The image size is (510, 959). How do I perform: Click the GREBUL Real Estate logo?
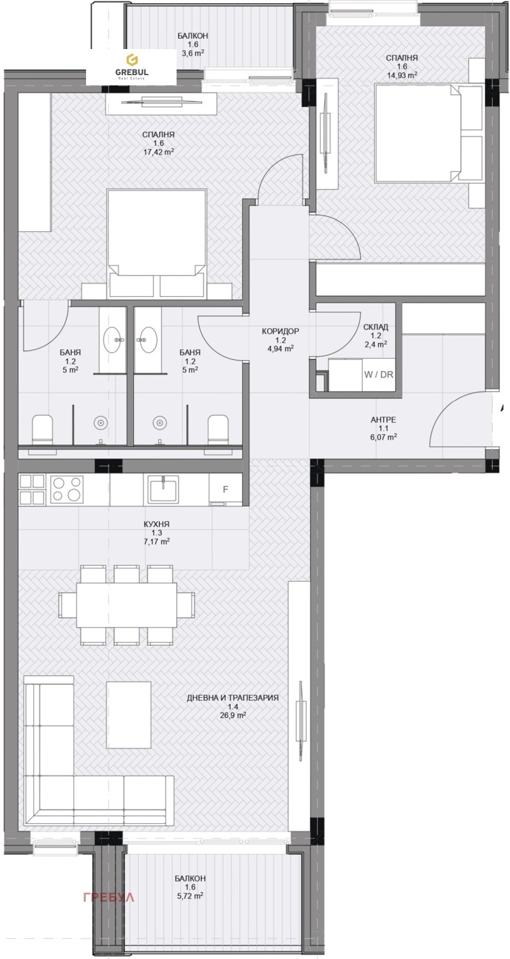[131, 67]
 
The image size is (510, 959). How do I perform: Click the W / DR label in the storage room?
[379, 374]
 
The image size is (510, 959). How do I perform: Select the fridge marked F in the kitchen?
[226, 489]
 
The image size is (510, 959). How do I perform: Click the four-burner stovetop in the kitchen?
[67, 489]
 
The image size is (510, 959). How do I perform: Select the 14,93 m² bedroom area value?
[402, 75]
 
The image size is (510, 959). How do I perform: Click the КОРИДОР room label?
[280, 331]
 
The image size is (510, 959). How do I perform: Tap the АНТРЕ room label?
[383, 419]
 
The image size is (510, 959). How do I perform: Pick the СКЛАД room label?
[375, 327]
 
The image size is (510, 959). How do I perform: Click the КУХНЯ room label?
[157, 524]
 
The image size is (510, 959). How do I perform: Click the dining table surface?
[126, 604]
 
